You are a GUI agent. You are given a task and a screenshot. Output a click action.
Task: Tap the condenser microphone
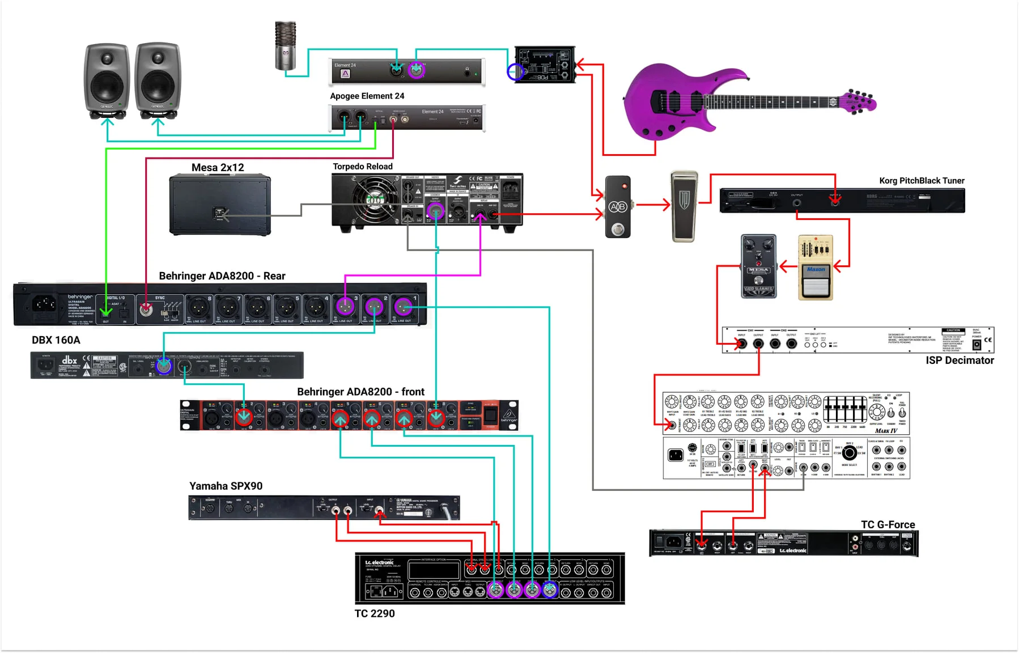point(285,45)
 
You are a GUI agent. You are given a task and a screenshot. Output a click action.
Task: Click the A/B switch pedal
point(618,207)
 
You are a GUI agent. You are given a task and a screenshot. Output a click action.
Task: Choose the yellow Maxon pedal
point(816,267)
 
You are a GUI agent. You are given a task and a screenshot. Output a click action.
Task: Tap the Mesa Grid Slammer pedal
point(758,266)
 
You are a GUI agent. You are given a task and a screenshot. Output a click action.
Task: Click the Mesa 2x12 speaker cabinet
point(220,205)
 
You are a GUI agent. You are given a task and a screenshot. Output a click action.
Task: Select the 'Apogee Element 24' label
point(367,96)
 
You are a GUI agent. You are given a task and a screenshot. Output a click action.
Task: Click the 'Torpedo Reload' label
point(362,166)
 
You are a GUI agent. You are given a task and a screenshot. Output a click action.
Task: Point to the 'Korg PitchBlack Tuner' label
point(922,180)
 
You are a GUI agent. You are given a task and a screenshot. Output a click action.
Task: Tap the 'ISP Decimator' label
point(959,360)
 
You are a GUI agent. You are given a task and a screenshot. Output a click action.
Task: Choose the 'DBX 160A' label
point(56,340)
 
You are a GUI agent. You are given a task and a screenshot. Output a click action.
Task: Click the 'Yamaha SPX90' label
point(226,486)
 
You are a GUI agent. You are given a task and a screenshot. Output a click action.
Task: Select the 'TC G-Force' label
point(888,524)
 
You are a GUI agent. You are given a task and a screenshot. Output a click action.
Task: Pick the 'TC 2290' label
point(374,613)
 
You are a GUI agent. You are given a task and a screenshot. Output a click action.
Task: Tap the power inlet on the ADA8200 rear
point(44,304)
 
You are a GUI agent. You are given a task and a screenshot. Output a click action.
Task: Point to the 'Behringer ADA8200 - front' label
point(360,392)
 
